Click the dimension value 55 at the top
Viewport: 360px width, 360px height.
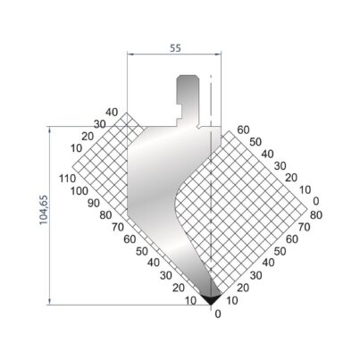(175, 48)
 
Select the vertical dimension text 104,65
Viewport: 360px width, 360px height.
(44, 210)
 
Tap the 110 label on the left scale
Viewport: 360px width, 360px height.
(67, 179)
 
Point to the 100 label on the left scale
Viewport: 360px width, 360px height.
(80, 191)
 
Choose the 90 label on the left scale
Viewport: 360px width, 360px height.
(94, 203)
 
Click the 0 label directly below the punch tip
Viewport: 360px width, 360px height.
(218, 314)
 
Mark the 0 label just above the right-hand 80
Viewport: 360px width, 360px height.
(316, 201)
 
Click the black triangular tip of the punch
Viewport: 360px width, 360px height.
(211, 298)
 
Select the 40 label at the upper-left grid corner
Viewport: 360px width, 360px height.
(112, 113)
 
